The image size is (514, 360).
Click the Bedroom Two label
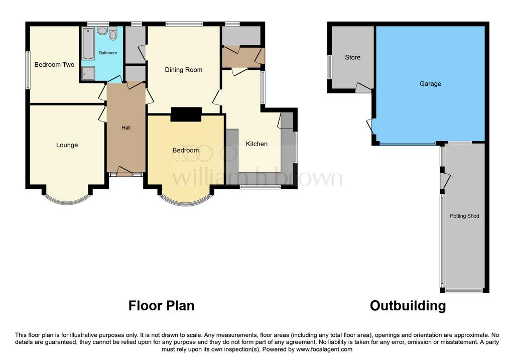coord(54,65)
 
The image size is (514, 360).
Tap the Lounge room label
coord(67,145)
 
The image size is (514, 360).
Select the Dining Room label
coord(184,70)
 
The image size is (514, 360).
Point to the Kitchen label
coord(256,144)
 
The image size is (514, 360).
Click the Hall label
coord(126,128)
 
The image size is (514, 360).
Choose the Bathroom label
coord(108,53)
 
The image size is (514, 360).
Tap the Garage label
coord(430,84)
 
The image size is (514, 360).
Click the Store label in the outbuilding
coord(352,57)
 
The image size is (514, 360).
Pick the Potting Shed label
coord(464,216)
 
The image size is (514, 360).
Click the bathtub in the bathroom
coord(88,44)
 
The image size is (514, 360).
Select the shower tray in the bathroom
coord(88,73)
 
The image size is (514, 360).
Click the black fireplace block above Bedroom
coord(186,114)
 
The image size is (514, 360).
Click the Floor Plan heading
coord(161,306)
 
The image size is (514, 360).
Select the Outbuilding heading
coord(408,306)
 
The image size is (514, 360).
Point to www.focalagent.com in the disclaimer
coord(324,349)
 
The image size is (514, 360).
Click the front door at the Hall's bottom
coord(125,172)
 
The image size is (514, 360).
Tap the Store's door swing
coord(363,87)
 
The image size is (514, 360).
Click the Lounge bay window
coord(67,200)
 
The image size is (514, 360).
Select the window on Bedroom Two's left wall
coord(28,70)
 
